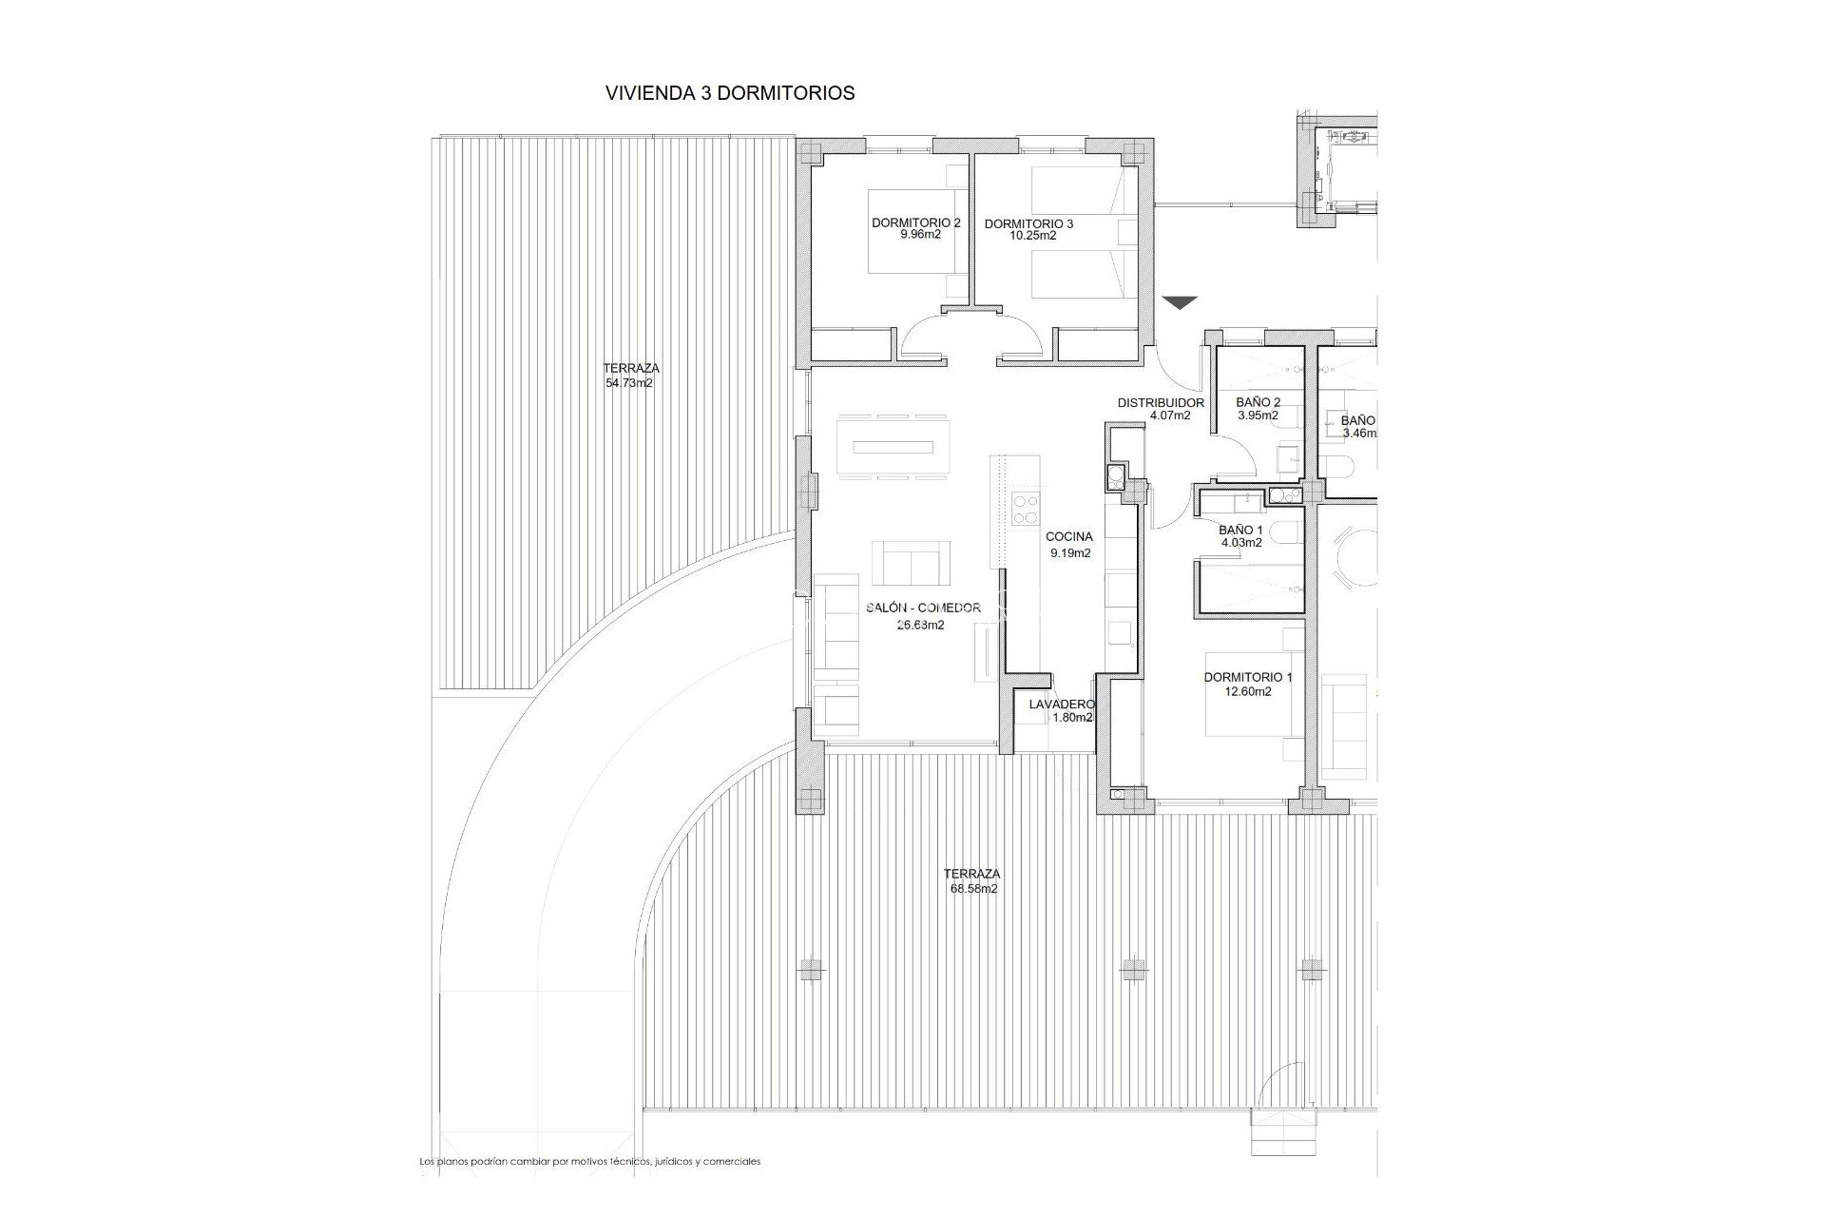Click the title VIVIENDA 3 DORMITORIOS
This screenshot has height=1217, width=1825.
pyautogui.click(x=729, y=93)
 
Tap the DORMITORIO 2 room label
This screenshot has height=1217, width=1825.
pyautogui.click(x=915, y=223)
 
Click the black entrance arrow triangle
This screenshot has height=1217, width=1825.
pyautogui.click(x=1180, y=303)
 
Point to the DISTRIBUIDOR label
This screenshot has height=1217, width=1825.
pyautogui.click(x=1161, y=403)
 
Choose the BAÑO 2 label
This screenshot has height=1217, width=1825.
pyautogui.click(x=1258, y=402)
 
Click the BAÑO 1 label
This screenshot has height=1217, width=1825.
pyautogui.click(x=1240, y=531)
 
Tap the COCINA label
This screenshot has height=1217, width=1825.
pyautogui.click(x=1069, y=536)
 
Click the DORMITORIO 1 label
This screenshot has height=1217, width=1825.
pyautogui.click(x=1248, y=678)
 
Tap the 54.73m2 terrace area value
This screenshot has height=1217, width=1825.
pyautogui.click(x=629, y=383)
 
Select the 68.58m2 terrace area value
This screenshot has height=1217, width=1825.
pyautogui.click(x=970, y=889)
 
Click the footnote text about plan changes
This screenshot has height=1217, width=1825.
pyautogui.click(x=590, y=1162)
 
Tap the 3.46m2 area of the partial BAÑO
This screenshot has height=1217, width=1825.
pyautogui.click(x=1358, y=434)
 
